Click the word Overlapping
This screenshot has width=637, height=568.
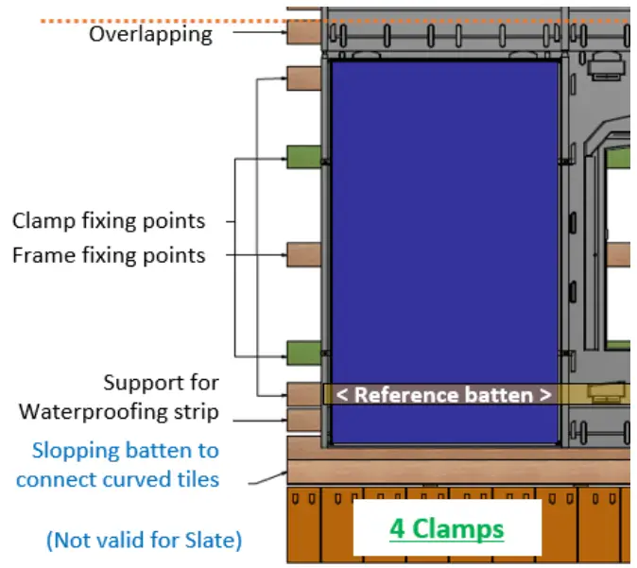click(x=150, y=35)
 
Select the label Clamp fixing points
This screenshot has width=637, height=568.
click(x=108, y=221)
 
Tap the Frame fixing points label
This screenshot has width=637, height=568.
click(x=108, y=255)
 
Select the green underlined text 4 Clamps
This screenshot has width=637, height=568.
click(x=447, y=528)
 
